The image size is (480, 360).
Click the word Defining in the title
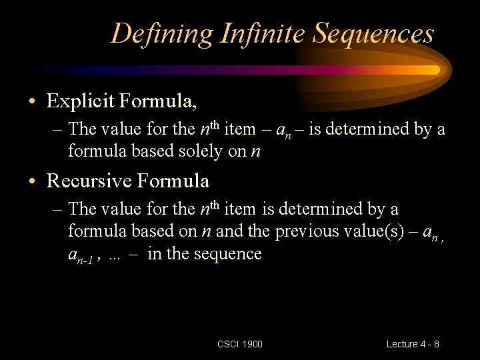(x=161, y=34)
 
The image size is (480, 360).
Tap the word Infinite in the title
(x=263, y=33)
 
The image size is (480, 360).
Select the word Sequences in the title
(x=373, y=34)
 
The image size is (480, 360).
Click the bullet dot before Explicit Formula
(x=32, y=101)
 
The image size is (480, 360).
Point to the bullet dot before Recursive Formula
(x=32, y=181)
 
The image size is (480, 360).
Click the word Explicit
(x=80, y=101)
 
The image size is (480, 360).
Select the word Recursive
(x=89, y=180)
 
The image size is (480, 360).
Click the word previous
(x=307, y=231)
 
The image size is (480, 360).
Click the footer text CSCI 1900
(x=240, y=344)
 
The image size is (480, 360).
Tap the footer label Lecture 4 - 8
(x=413, y=344)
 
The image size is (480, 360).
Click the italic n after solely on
(x=255, y=152)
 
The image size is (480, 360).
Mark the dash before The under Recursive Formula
(x=57, y=210)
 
